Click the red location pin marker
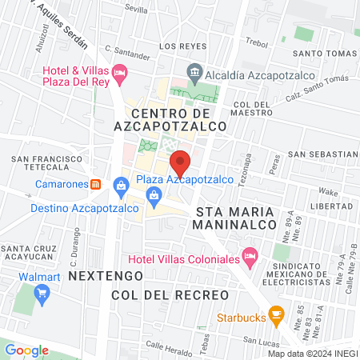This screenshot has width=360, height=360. point(181,162)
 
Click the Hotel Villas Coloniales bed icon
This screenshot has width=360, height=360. point(250,257)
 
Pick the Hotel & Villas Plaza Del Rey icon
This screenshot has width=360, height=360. point(120,74)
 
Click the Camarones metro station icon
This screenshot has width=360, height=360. point(96,183)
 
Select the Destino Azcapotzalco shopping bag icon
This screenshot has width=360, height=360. point(120,186)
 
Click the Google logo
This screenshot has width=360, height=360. point(26,350)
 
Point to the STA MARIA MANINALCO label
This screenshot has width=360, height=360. point(234,218)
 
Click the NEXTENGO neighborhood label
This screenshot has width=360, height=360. point(106,274)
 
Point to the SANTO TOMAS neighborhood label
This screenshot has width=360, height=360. point(323,54)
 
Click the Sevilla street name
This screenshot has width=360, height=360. point(137,10)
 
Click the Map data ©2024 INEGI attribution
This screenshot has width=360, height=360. point(312,354)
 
